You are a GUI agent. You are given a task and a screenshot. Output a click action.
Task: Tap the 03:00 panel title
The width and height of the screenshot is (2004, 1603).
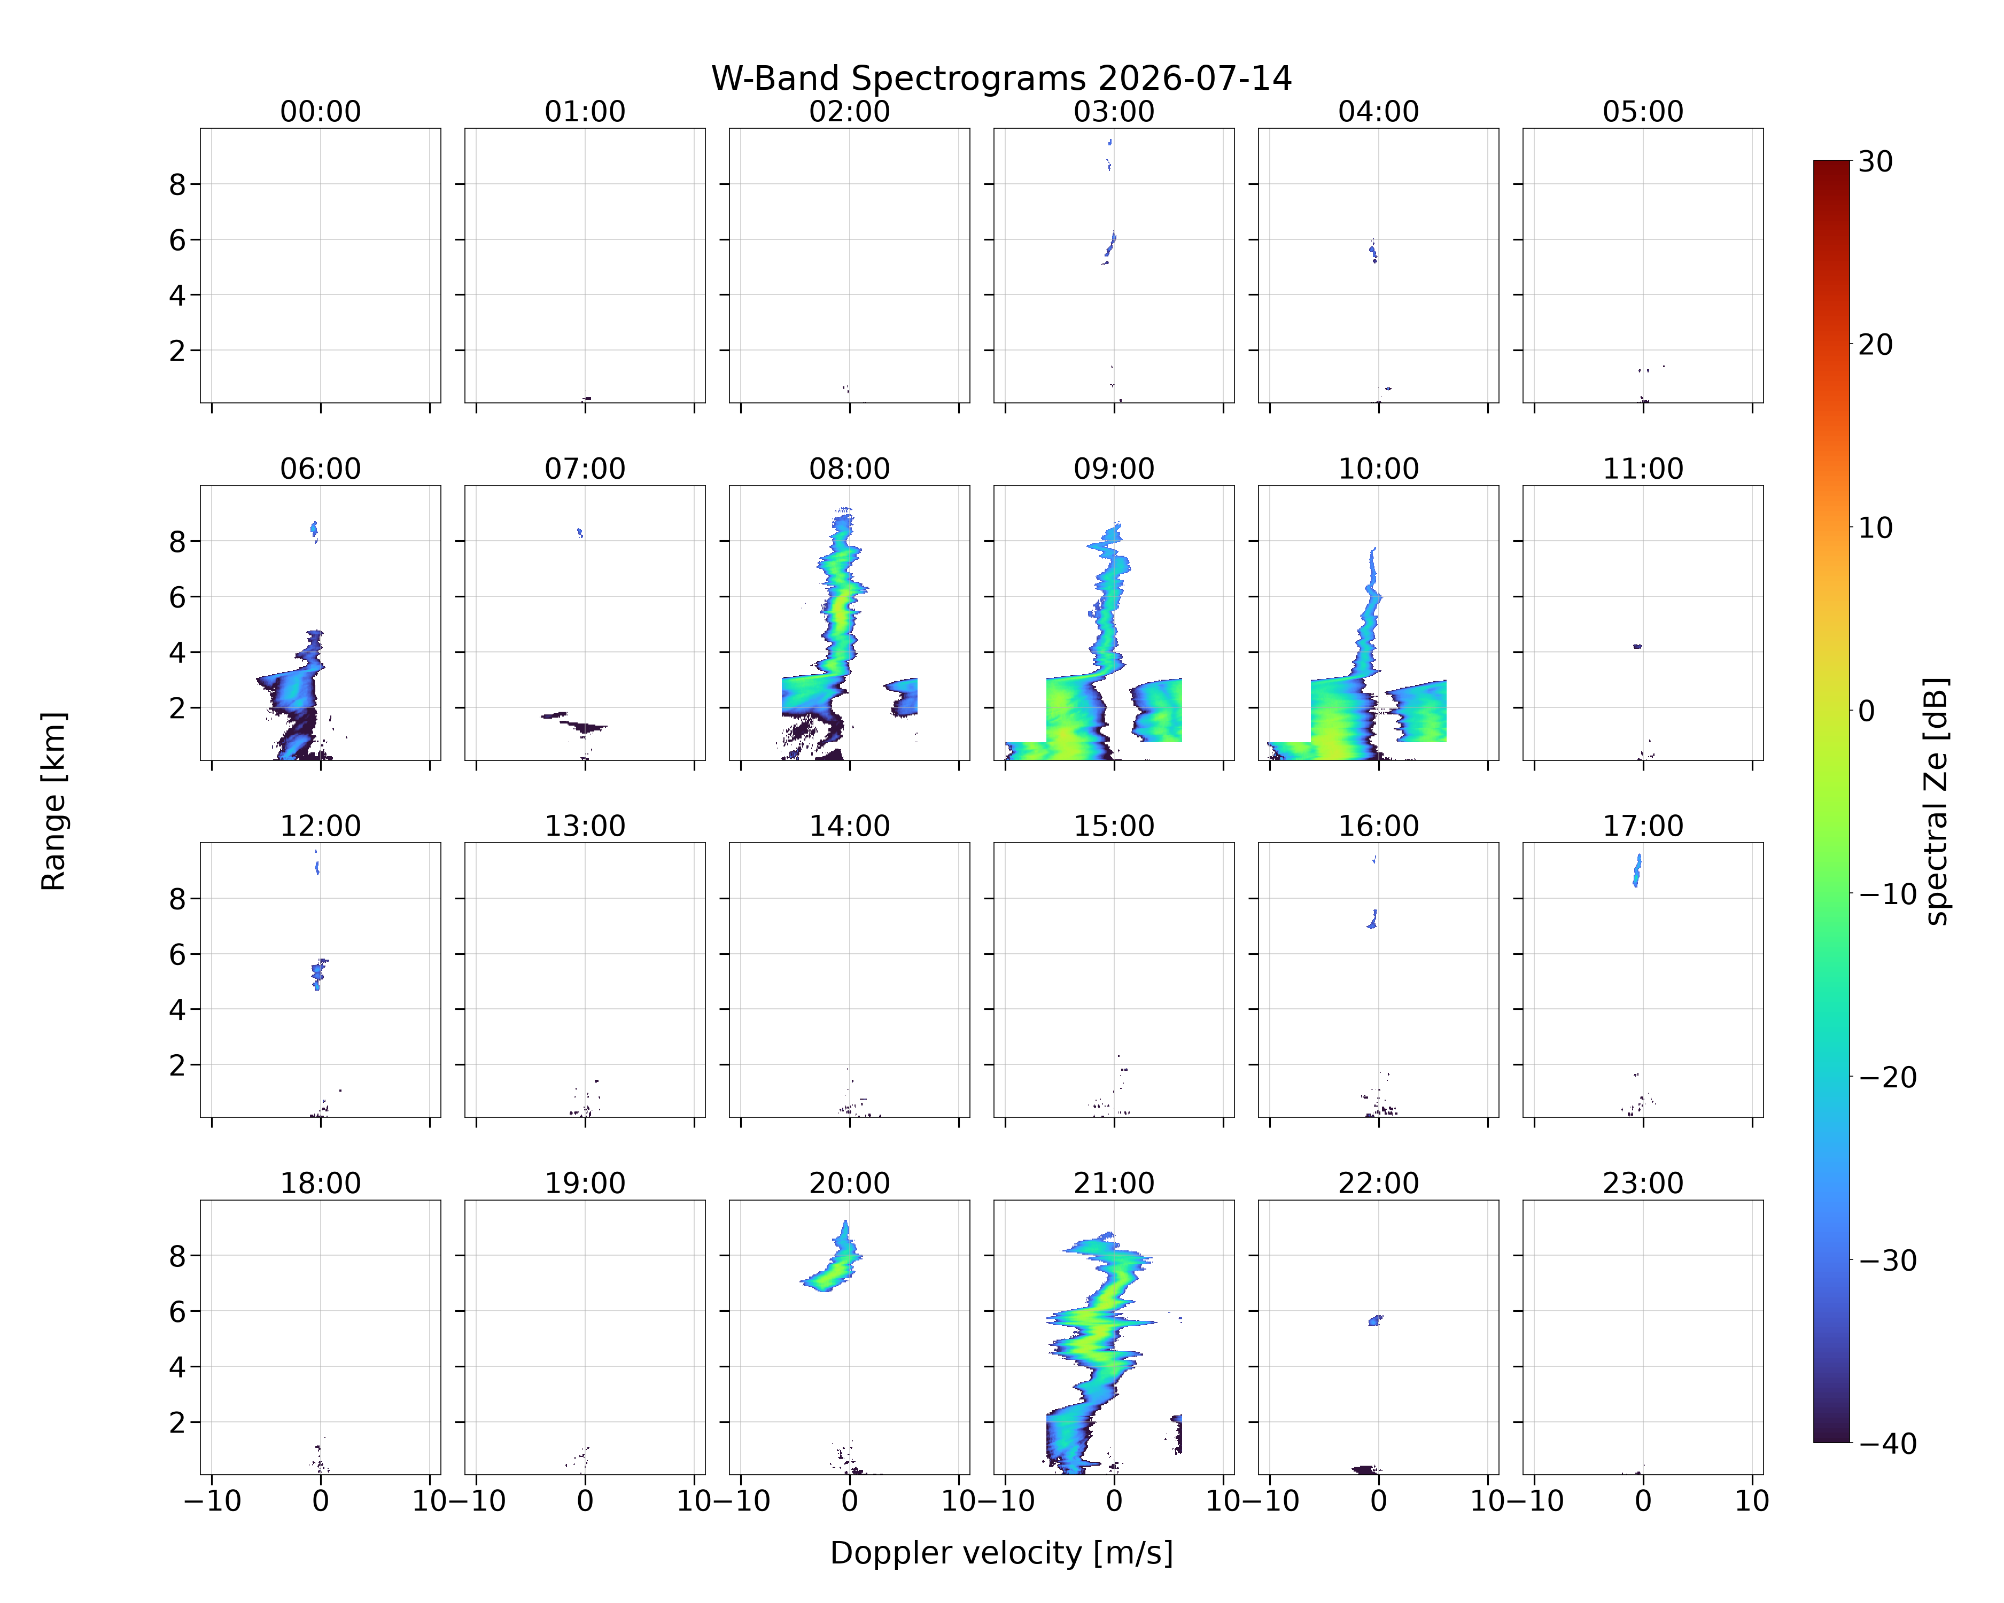pyautogui.click(x=1114, y=112)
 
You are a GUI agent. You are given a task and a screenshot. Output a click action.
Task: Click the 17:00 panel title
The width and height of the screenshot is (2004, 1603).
pyautogui.click(x=1642, y=826)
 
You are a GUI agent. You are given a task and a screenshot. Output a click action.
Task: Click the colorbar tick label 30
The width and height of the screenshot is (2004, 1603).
pyautogui.click(x=1876, y=162)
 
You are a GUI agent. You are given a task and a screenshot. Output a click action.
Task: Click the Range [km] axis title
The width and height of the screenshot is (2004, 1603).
pyautogui.click(x=54, y=801)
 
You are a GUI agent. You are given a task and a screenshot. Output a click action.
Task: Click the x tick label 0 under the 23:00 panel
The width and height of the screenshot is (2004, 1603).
pyautogui.click(x=1642, y=1501)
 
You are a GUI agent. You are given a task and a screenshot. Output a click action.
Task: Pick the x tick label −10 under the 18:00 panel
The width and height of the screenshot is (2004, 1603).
pyautogui.click(x=212, y=1501)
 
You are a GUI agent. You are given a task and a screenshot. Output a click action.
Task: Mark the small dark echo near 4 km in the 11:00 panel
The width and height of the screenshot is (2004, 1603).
pyautogui.click(x=1637, y=646)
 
